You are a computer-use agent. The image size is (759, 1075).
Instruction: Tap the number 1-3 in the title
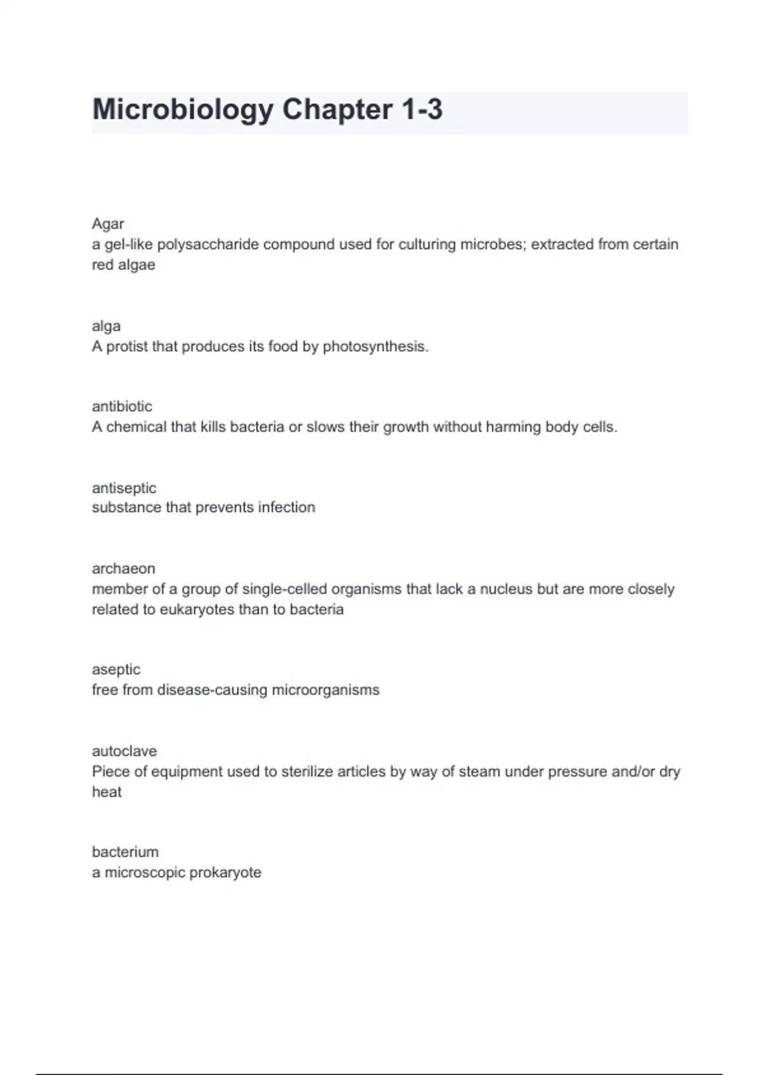[x=421, y=109]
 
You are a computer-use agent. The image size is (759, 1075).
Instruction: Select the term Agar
[x=108, y=224]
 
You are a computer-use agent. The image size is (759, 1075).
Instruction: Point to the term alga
[x=106, y=326]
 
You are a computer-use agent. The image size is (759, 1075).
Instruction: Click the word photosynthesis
[x=375, y=347]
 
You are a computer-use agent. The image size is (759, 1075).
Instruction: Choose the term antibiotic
[x=122, y=407]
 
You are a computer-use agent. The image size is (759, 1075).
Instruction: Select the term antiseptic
[x=124, y=488]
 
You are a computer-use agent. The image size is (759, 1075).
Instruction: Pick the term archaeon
[x=123, y=568]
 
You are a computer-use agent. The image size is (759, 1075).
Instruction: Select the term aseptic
[x=116, y=670]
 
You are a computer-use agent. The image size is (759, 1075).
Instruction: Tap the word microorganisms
[x=325, y=690]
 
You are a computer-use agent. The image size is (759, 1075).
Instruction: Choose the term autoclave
[x=125, y=751]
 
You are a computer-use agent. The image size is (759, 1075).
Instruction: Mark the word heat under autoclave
[x=107, y=792]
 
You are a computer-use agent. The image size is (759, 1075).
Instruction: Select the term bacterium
[x=125, y=852]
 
